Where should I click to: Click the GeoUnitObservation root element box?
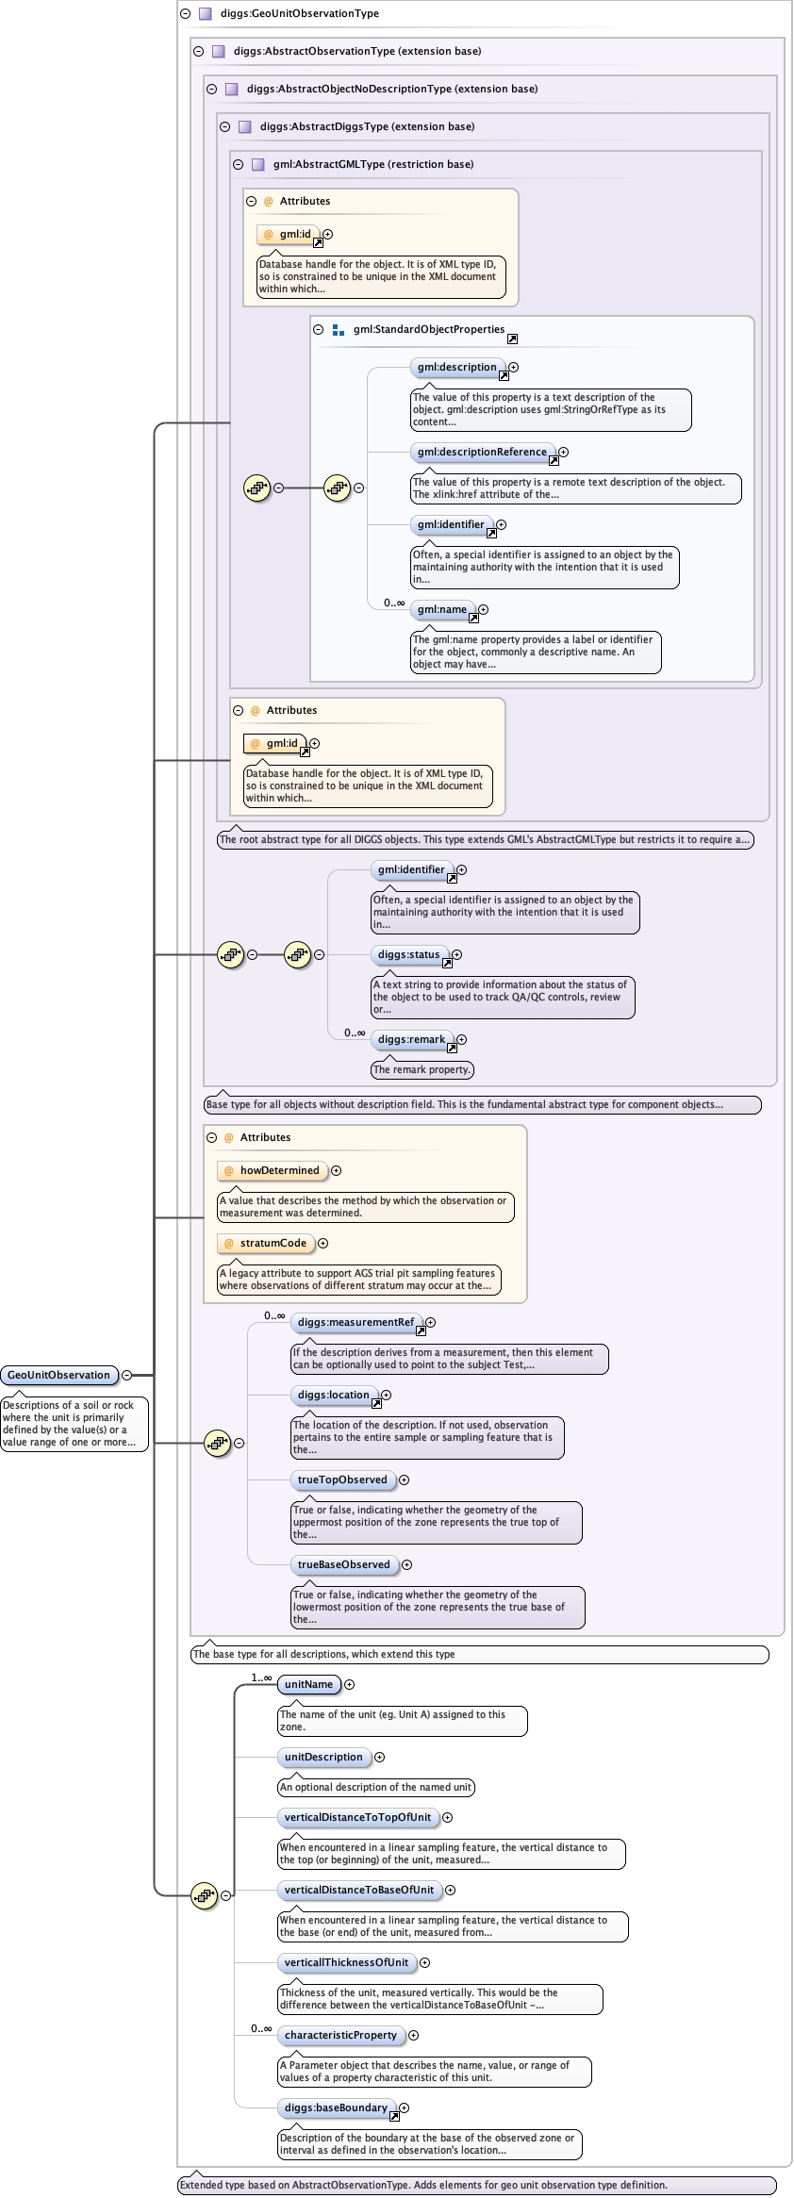(59, 1375)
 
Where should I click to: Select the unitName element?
(308, 1684)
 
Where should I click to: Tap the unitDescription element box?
(323, 1757)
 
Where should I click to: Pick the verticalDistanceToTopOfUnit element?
(357, 1817)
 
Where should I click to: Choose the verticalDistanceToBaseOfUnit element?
(359, 1890)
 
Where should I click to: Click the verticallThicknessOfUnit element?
(346, 1962)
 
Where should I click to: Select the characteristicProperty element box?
(340, 2035)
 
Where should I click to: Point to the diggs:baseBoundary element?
(336, 2107)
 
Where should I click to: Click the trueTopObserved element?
(342, 1479)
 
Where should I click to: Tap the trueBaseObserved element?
(343, 1564)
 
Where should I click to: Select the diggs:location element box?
(333, 1395)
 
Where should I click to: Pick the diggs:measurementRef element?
(356, 1322)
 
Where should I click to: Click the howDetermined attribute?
(278, 1170)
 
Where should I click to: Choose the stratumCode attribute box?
(272, 1243)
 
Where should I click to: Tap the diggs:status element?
(408, 954)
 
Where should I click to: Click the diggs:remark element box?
(411, 1039)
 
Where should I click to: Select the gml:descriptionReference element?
(482, 452)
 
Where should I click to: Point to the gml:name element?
(441, 609)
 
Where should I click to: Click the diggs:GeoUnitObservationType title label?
(299, 13)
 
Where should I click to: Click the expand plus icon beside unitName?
(349, 1684)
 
